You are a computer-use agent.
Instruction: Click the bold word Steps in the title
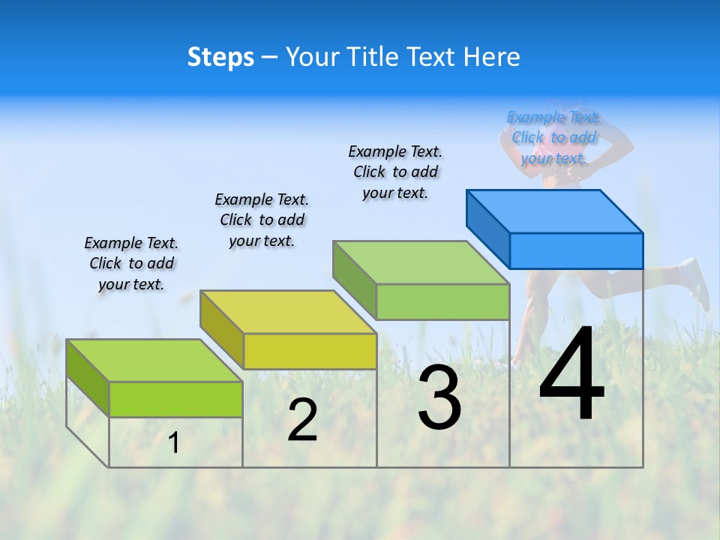tap(220, 57)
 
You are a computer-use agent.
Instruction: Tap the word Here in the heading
tap(492, 57)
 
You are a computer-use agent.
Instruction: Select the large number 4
tap(571, 375)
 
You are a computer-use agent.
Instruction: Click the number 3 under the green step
tap(439, 398)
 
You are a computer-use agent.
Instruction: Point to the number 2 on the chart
tap(302, 421)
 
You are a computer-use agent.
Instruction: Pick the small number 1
tap(174, 443)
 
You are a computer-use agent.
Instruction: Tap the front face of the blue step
tap(576, 250)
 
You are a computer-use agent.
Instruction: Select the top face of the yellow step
tap(288, 311)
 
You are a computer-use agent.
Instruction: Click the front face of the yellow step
tap(310, 351)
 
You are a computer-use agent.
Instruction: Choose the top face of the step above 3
tap(421, 262)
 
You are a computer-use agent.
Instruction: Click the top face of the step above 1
tap(154, 360)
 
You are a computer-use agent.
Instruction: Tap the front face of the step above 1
tap(175, 399)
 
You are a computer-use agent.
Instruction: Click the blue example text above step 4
tap(553, 137)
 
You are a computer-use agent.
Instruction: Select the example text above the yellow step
tap(262, 220)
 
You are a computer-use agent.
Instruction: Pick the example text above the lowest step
tap(131, 263)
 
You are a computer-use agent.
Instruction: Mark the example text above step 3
tap(395, 172)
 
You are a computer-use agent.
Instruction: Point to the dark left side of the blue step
tap(487, 228)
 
